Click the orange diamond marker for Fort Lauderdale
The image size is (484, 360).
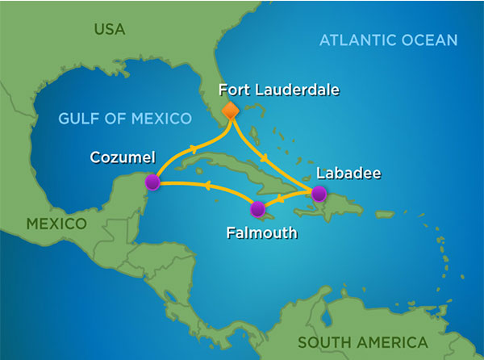(231, 111)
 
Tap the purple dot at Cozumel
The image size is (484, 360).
(152, 182)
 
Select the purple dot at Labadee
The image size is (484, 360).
(319, 193)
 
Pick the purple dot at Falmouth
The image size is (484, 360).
(257, 209)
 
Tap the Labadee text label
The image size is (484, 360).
(348, 172)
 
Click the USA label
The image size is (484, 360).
(110, 30)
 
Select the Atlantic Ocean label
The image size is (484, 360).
(388, 40)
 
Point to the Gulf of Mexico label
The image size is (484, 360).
(125, 119)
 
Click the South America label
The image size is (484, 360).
(363, 341)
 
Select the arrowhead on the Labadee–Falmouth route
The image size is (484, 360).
(280, 199)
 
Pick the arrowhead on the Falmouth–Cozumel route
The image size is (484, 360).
(208, 187)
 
